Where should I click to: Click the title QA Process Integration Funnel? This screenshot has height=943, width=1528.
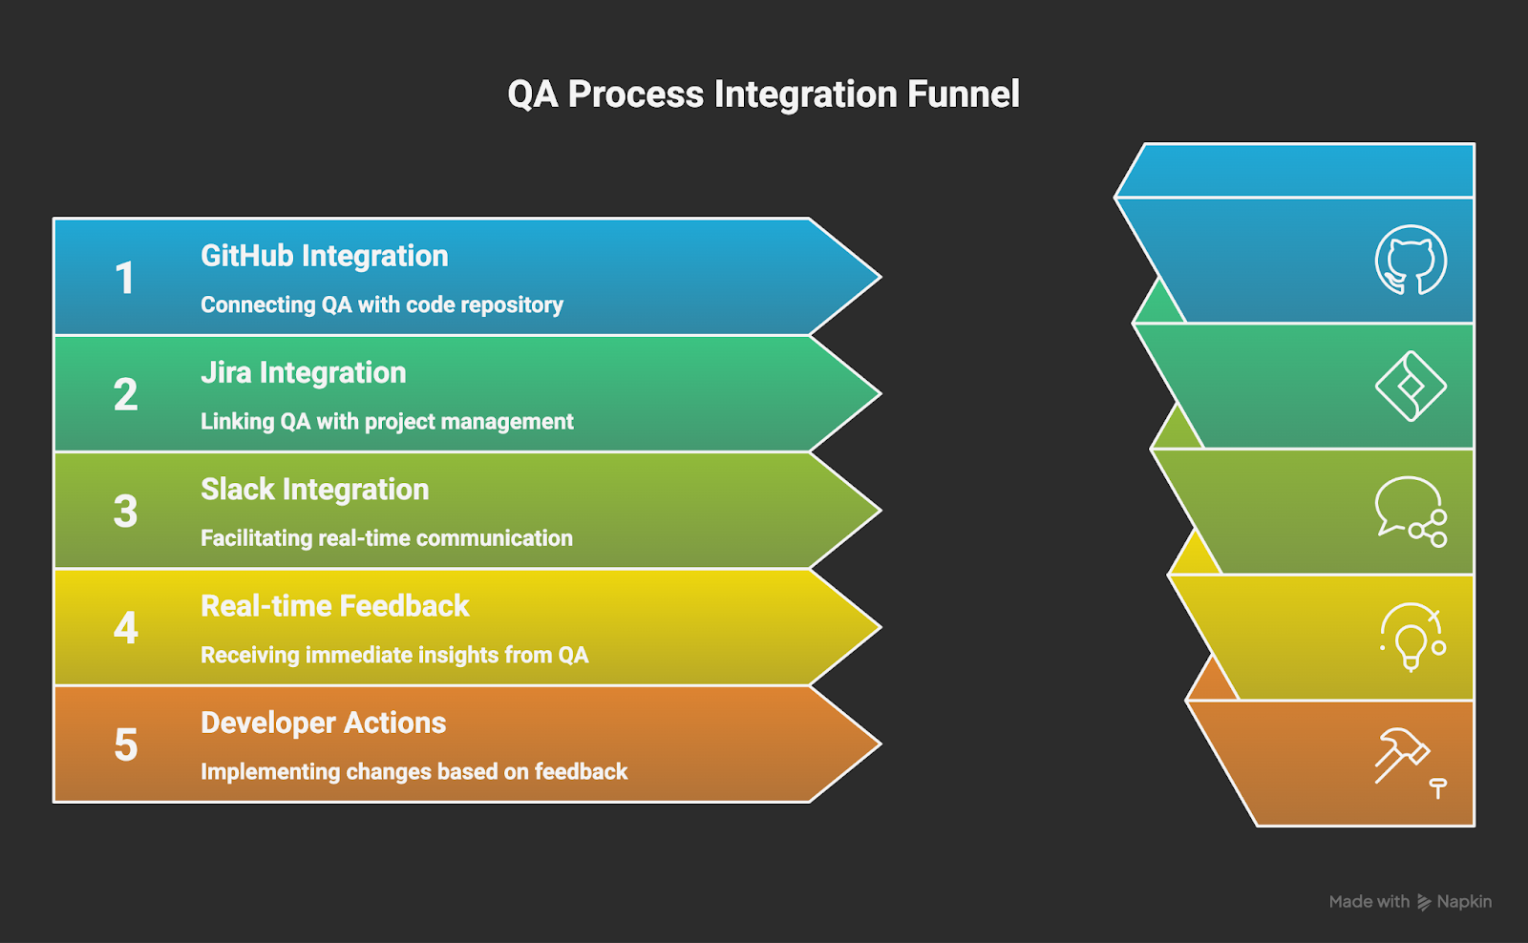click(x=763, y=94)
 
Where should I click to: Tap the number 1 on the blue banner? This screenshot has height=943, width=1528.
click(x=125, y=279)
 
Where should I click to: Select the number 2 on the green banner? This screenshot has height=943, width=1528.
click(x=125, y=395)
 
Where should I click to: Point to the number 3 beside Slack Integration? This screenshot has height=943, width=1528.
click(x=125, y=512)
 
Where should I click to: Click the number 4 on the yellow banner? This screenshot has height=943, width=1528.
click(x=125, y=628)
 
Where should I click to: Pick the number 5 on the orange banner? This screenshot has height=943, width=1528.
click(x=125, y=745)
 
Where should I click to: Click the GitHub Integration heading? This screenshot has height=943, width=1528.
click(x=324, y=256)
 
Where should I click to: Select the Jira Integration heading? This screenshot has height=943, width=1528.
click(x=303, y=372)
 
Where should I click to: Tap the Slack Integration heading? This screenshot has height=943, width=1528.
click(x=314, y=490)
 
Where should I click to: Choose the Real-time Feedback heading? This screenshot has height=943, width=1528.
click(x=334, y=606)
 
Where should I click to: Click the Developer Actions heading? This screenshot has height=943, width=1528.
click(x=323, y=723)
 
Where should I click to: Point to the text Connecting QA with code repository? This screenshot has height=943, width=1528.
click(x=381, y=304)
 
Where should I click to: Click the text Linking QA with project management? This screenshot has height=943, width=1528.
click(x=387, y=421)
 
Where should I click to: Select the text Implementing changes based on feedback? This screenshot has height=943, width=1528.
click(x=414, y=771)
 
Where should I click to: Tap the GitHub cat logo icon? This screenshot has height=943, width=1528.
click(x=1411, y=260)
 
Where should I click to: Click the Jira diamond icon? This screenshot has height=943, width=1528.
click(x=1411, y=387)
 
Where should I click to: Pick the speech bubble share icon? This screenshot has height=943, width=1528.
click(x=1411, y=512)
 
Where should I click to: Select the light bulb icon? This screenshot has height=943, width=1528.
click(x=1411, y=637)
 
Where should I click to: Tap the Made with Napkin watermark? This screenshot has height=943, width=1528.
click(x=1410, y=902)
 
